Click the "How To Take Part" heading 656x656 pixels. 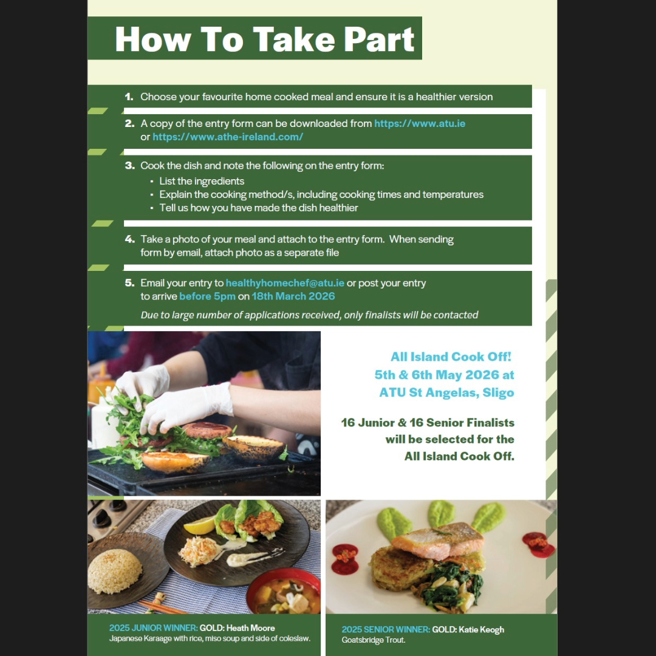(264, 39)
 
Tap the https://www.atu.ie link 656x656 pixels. (420, 123)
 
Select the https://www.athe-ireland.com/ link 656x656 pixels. (228, 137)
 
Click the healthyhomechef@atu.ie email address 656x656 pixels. (285, 283)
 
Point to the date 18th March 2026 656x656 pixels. (293, 296)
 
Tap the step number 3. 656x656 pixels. (129, 166)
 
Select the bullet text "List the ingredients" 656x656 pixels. (202, 181)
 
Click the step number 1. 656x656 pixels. (129, 97)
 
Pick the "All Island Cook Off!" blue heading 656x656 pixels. (451, 357)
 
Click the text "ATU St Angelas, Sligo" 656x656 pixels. (446, 392)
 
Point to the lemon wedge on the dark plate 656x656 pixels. (199, 526)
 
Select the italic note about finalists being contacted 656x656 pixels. (309, 315)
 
